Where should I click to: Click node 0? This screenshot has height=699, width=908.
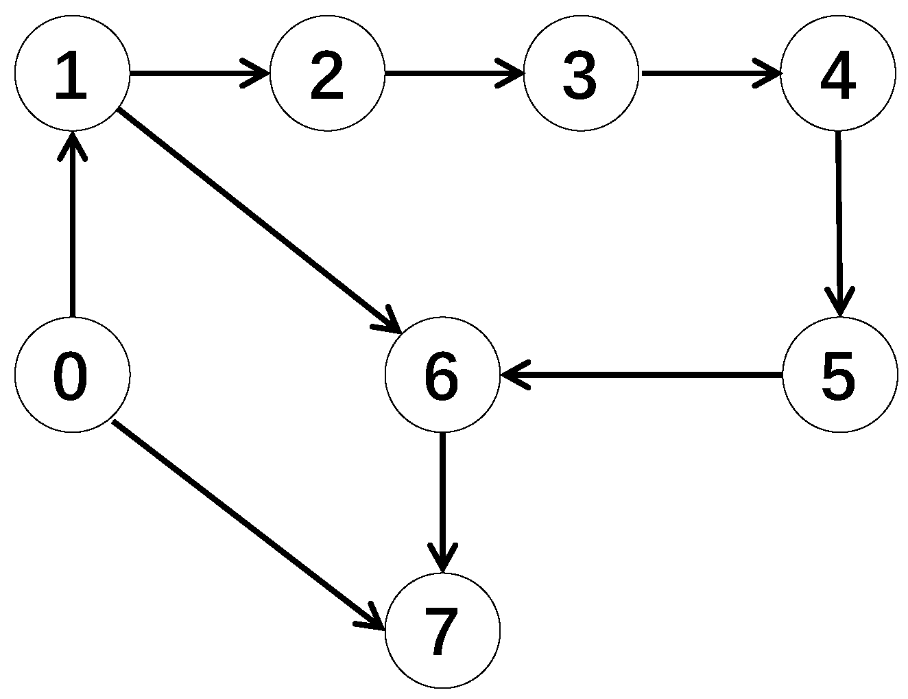(x=72, y=375)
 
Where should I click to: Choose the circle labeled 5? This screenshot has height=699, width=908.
(x=839, y=375)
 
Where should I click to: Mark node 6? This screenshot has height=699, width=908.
(x=442, y=375)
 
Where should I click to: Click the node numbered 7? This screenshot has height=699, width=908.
(x=442, y=630)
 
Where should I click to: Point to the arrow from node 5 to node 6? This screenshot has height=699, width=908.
(x=641, y=375)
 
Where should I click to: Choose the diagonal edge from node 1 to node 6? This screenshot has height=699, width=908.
(x=257, y=220)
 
